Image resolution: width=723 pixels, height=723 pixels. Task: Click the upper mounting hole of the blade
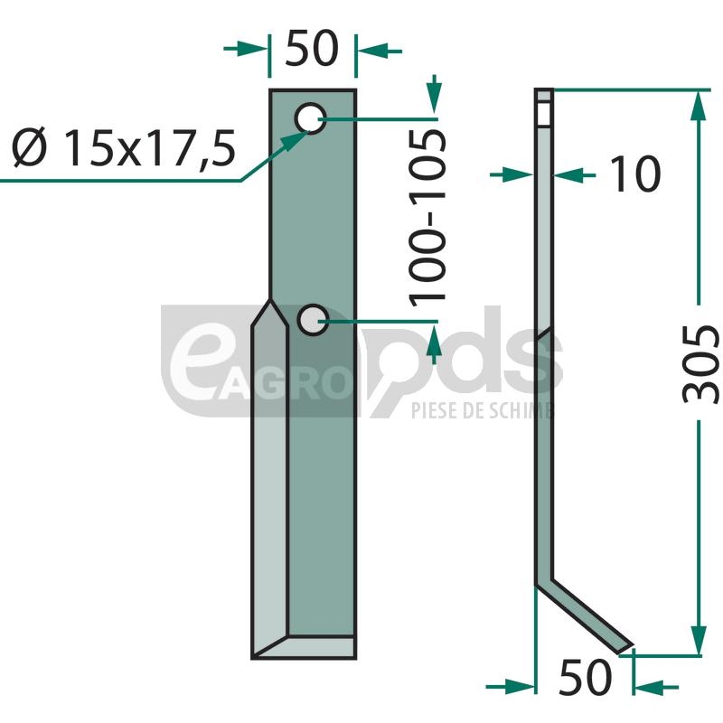(311, 118)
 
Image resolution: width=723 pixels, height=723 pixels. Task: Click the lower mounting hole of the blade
(313, 320)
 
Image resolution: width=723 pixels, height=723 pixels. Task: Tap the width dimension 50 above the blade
(312, 48)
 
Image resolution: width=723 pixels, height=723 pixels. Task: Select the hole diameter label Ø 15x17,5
(124, 147)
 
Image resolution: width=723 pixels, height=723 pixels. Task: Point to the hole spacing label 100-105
(427, 218)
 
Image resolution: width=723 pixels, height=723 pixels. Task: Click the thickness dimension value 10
(635, 174)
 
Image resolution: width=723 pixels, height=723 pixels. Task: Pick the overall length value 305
(700, 364)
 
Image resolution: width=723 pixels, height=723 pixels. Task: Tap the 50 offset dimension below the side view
(585, 677)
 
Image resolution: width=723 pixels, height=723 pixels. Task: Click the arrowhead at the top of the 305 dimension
(699, 105)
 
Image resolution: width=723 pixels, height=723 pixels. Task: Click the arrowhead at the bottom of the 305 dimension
(699, 639)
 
